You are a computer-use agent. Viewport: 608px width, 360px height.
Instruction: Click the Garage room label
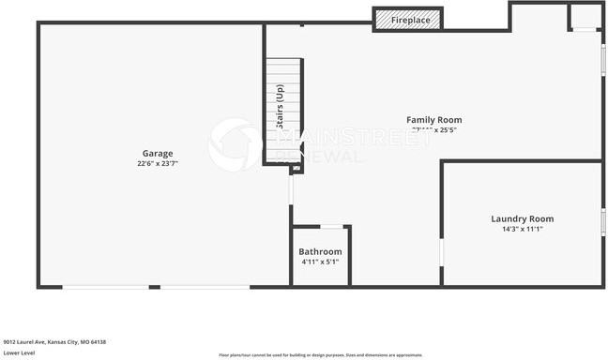pos(157,153)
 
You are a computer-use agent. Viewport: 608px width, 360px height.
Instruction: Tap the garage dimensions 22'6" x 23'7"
pos(157,163)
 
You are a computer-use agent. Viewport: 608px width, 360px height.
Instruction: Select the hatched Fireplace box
pos(407,20)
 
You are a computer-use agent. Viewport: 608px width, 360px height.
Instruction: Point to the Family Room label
pos(433,120)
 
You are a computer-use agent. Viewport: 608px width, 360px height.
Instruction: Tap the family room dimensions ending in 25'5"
pos(433,130)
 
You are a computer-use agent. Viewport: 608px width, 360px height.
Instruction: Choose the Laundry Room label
pos(523,218)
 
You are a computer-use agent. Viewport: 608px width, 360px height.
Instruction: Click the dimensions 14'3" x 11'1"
pos(523,229)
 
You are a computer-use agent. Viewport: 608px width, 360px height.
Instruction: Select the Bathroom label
pos(320,251)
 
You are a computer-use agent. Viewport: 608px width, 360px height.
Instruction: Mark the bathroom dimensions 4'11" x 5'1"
pos(320,262)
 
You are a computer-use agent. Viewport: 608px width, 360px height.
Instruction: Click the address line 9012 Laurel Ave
pos(54,342)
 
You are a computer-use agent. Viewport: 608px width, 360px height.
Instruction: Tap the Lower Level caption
pos(20,352)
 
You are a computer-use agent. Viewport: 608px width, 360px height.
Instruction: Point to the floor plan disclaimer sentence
pos(320,354)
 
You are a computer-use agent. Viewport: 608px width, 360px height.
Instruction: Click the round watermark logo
pos(235,143)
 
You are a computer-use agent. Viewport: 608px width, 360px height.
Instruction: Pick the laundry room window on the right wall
pos(602,220)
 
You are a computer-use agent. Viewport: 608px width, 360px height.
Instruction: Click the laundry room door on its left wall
pos(441,253)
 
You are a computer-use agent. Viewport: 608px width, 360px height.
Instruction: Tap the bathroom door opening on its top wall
pos(331,226)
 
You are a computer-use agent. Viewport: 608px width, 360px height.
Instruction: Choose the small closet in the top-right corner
pos(585,17)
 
